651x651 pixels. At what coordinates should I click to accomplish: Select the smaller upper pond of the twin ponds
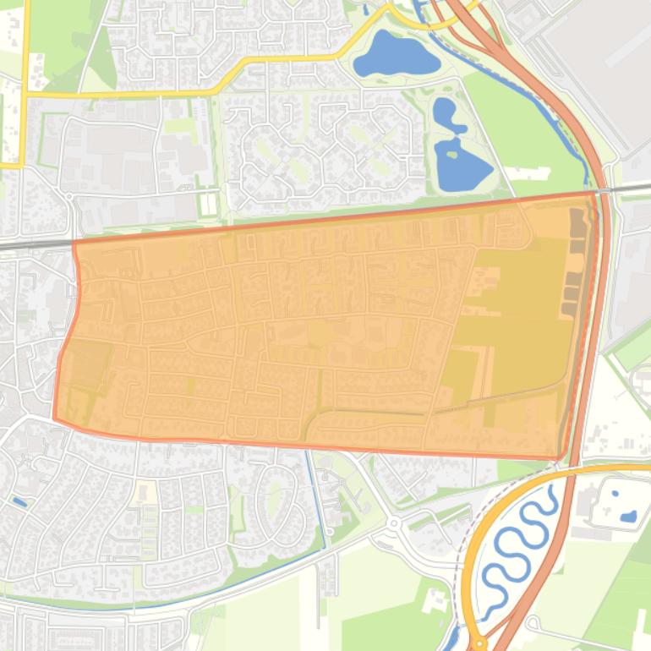tap(447, 114)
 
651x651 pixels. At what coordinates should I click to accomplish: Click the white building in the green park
tap(527, 173)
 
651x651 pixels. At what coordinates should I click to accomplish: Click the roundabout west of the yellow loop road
tap(393, 524)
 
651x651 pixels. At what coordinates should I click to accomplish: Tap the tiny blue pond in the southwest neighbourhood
tap(19, 502)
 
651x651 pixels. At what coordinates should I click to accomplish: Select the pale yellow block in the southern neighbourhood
tap(146, 491)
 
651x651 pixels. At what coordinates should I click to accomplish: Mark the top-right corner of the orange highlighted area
tap(594, 194)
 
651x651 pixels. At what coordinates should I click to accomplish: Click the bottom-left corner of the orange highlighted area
tap(55, 417)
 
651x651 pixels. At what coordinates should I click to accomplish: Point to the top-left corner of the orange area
tap(74, 243)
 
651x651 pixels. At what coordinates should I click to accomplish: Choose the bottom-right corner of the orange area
tap(559, 458)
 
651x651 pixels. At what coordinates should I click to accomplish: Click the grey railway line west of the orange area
tap(34, 245)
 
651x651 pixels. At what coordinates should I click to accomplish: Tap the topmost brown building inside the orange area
tap(577, 219)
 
